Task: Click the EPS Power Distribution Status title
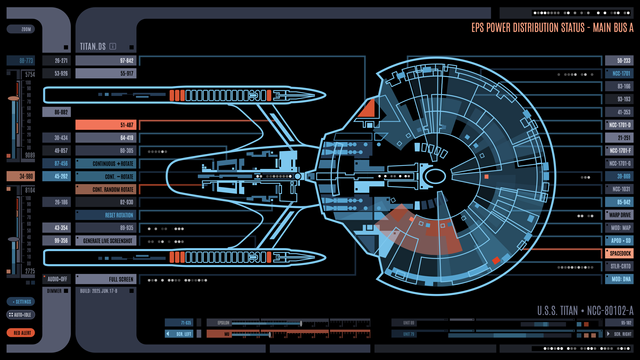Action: (x=551, y=29)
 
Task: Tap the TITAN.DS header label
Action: (x=96, y=46)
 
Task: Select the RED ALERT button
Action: (x=20, y=331)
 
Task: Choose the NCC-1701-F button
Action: (x=620, y=150)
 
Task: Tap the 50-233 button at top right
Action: (x=620, y=60)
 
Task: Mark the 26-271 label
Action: (x=60, y=60)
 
